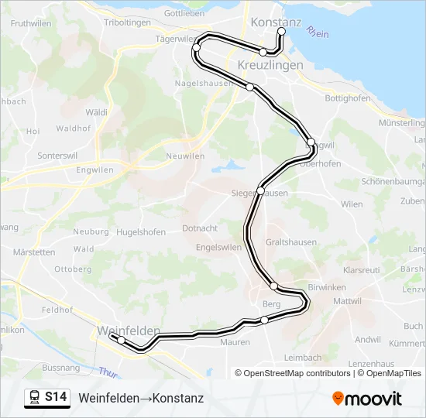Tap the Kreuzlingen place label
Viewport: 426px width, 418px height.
pyautogui.click(x=270, y=66)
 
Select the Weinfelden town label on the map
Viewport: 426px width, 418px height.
pyautogui.click(x=128, y=331)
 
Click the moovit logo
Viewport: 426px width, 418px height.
pyautogui.click(x=367, y=399)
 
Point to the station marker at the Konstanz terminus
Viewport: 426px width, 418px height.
pyautogui.click(x=282, y=32)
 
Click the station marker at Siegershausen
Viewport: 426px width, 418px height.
pyautogui.click(x=261, y=190)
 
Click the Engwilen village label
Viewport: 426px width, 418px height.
pyautogui.click(x=95, y=170)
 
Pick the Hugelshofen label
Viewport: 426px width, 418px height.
pyautogui.click(x=140, y=231)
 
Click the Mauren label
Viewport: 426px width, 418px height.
pyautogui.click(x=235, y=342)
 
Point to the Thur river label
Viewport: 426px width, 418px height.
pyautogui.click(x=109, y=372)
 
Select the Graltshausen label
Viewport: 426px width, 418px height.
pyautogui.click(x=290, y=242)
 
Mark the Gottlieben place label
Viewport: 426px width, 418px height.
pyautogui.click(x=184, y=13)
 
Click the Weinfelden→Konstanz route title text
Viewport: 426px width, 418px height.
pyautogui.click(x=141, y=398)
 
